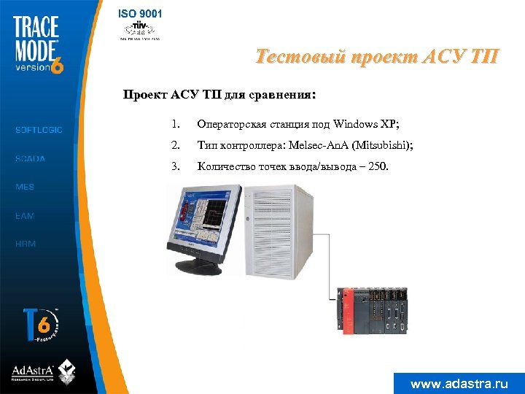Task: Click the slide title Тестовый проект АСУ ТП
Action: pyautogui.click(x=378, y=56)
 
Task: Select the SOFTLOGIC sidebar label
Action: pyautogui.click(x=39, y=130)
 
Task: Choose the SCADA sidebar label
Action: pyautogui.click(x=30, y=158)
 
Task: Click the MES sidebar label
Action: pyautogui.click(x=25, y=187)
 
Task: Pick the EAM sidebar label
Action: pyautogui.click(x=25, y=216)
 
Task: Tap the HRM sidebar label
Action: pyautogui.click(x=26, y=244)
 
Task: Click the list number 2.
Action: pyautogui.click(x=175, y=146)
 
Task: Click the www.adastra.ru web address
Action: pyautogui.click(x=459, y=383)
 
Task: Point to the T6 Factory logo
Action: pyautogui.click(x=40, y=325)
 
